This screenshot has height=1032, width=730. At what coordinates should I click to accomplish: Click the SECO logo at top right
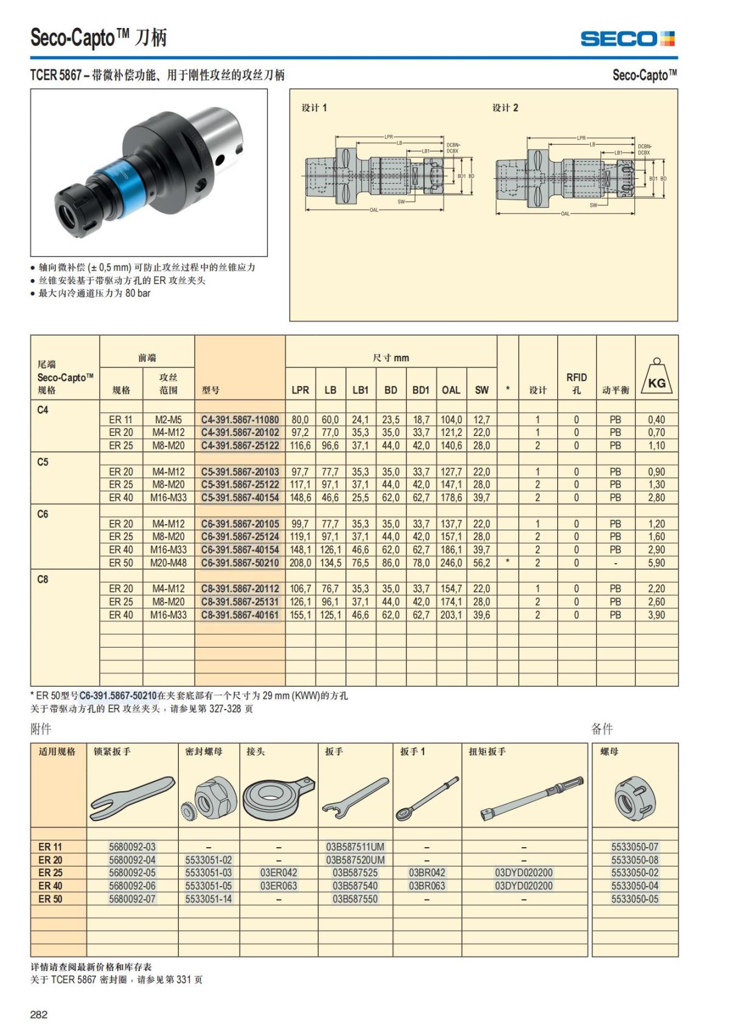tap(627, 39)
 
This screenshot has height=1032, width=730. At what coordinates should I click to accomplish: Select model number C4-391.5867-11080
tap(240, 420)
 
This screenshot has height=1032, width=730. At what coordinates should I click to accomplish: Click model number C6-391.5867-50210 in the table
tap(240, 563)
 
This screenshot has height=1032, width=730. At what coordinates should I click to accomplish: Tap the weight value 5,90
tap(656, 563)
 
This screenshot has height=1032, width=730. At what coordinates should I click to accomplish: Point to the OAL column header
tap(451, 390)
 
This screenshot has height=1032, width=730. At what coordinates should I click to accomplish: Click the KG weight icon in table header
tap(656, 378)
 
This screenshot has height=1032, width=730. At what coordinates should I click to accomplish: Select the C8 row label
tap(43, 579)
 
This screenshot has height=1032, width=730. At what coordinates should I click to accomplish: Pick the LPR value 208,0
tap(300, 563)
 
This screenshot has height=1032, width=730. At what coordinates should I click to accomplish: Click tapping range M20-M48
tap(169, 563)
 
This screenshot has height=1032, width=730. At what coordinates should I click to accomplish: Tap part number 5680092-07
tap(132, 899)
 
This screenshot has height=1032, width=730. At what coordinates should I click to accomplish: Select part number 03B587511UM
tap(355, 847)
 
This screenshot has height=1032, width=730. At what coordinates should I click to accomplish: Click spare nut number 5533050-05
tap(634, 899)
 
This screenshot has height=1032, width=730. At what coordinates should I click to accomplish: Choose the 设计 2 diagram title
tap(505, 108)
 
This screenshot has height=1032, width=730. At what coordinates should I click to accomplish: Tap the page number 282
tap(39, 1014)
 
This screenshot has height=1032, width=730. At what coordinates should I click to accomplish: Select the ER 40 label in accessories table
tap(50, 885)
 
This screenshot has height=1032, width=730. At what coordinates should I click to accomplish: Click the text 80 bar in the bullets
tap(138, 293)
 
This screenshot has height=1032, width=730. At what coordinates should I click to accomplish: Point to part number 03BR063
tap(426, 885)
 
